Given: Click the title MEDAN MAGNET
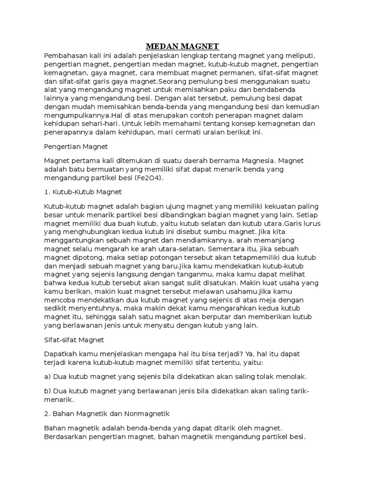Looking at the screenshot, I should (182, 46).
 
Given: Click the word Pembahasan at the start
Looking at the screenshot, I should (64, 56).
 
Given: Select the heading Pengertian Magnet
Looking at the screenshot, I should (76, 146).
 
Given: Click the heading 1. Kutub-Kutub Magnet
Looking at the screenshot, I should (83, 192).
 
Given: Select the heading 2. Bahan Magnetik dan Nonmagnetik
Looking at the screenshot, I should (106, 413).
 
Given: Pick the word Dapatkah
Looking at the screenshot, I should (60, 354).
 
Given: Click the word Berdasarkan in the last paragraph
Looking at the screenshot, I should (66, 436).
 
